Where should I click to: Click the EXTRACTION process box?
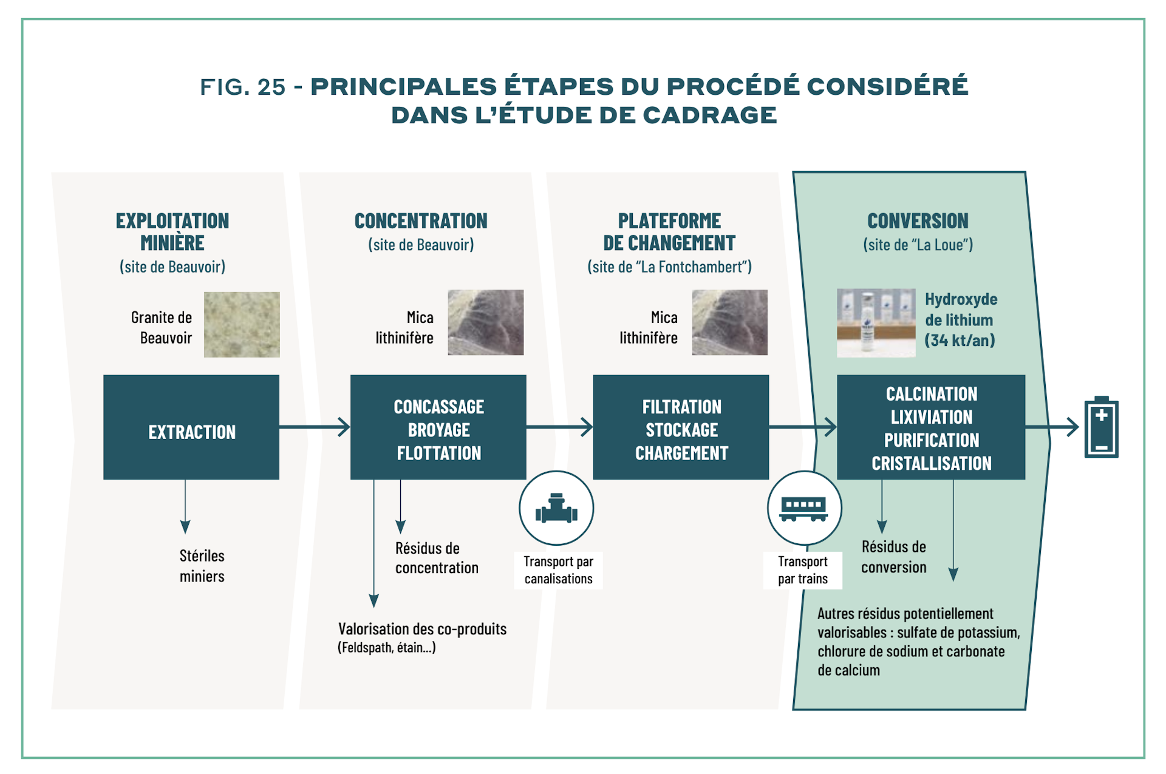tap(191, 427)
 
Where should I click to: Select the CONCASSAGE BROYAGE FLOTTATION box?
tap(438, 427)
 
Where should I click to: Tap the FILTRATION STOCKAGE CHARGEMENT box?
tap(681, 427)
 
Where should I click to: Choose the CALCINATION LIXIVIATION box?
tap(931, 427)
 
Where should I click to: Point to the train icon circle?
tap(804, 508)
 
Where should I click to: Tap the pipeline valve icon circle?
tap(556, 508)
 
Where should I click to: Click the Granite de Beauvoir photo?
tap(242, 324)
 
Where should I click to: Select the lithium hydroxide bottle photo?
tap(876, 323)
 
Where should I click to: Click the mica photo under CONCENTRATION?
tap(485, 322)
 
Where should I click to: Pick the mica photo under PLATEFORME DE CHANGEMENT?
tap(729, 322)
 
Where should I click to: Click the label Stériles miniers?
tap(202, 566)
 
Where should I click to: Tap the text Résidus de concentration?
tap(437, 558)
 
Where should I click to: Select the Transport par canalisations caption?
tap(558, 570)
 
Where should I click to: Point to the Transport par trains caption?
tap(803, 570)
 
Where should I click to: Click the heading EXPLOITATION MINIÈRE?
tap(172, 231)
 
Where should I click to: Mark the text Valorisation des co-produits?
tap(422, 629)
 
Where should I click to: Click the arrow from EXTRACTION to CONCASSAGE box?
tap(315, 427)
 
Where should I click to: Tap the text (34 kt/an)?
tap(960, 340)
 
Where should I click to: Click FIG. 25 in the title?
tap(243, 87)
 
